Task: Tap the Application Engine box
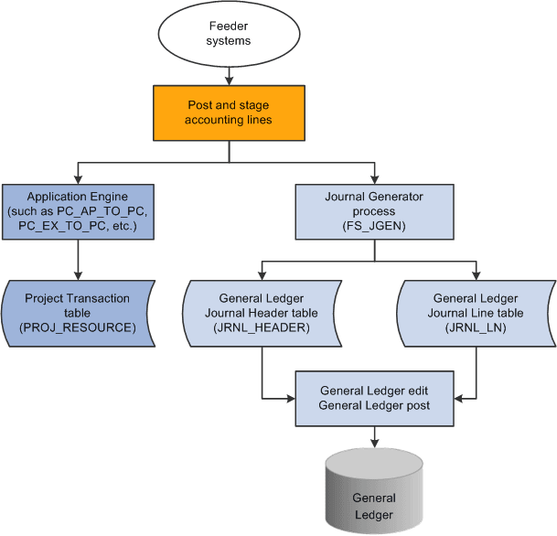tap(77, 211)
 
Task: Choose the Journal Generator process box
tap(373, 211)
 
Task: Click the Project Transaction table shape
tap(77, 313)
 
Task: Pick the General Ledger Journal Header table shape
tap(262, 313)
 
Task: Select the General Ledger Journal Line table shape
tap(476, 313)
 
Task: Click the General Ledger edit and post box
tap(373, 398)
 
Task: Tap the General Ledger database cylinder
tap(373, 498)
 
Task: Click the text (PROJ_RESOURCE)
tap(77, 327)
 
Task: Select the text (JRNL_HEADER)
tap(262, 327)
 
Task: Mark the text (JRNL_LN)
tap(476, 327)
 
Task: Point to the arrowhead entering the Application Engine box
tap(78, 180)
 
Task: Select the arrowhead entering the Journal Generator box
tap(373, 180)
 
